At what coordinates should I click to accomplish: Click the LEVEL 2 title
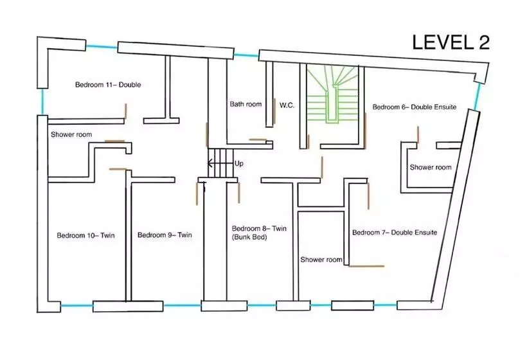(x=451, y=42)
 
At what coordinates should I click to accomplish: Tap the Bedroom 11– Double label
(x=108, y=85)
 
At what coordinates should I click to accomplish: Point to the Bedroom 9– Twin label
(x=165, y=235)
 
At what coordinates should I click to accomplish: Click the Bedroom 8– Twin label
(x=259, y=228)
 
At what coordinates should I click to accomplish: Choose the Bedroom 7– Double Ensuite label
(x=395, y=232)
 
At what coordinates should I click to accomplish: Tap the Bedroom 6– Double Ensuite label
(x=415, y=107)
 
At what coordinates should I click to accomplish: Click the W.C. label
(x=287, y=104)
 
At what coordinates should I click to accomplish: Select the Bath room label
(x=246, y=104)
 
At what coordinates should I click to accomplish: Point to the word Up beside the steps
(x=239, y=164)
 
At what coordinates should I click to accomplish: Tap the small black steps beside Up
(x=219, y=163)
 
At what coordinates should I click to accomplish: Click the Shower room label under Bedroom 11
(x=71, y=135)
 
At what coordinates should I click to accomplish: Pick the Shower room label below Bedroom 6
(x=431, y=167)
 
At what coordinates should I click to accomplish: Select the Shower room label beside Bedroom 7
(x=321, y=260)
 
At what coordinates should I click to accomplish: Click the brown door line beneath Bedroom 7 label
(x=366, y=265)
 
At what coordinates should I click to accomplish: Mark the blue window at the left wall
(x=42, y=101)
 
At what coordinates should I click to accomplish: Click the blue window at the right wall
(x=478, y=96)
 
